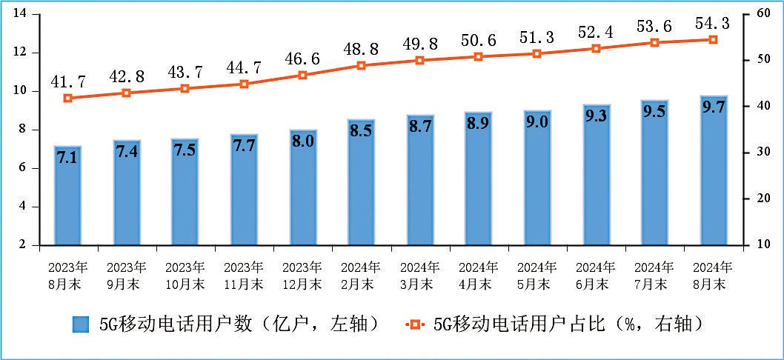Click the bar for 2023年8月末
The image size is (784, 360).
pyautogui.click(x=67, y=196)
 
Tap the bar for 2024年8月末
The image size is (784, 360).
pyautogui.click(x=714, y=170)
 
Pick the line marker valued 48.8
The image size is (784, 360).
pyautogui.click(x=362, y=65)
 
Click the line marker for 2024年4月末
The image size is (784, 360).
pyautogui.click(x=479, y=56)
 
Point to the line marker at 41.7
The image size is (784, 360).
pyautogui.click(x=67, y=98)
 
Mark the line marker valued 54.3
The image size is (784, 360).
pyautogui.click(x=714, y=39)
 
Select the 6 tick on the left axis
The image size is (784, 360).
pyautogui.click(x=24, y=168)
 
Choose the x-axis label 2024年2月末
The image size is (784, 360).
pyautogui.click(x=362, y=275)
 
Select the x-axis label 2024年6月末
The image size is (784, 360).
pyautogui.click(x=595, y=275)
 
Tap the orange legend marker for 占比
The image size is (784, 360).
pyautogui.click(x=416, y=324)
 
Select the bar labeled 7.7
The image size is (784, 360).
pyautogui.click(x=244, y=190)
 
